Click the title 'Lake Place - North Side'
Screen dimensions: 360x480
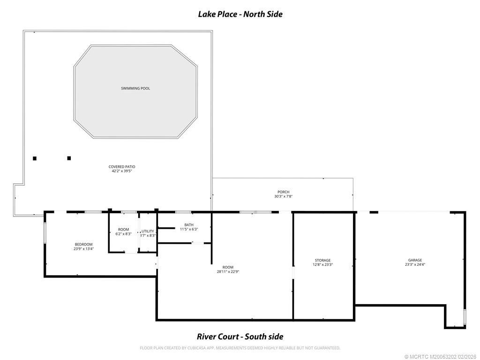240,14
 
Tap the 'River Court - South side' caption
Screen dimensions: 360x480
240,337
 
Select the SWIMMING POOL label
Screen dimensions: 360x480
135,88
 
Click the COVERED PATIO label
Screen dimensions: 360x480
122,166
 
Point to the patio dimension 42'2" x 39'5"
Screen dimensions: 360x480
122,171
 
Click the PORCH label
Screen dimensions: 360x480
283,192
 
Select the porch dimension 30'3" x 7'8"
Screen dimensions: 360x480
283,196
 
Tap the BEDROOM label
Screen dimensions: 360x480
83,244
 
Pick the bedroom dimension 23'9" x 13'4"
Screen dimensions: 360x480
83,249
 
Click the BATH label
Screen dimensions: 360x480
189,225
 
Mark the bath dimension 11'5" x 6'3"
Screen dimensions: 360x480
189,229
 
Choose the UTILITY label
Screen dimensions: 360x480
148,231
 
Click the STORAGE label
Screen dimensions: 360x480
322,260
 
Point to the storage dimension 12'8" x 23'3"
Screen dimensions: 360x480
322,265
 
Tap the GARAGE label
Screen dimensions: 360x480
415,260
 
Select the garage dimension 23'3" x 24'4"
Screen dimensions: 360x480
415,265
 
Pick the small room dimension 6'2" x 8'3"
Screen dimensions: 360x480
123,234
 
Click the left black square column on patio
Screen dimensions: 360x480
35,158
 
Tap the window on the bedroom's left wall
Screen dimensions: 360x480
45,233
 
